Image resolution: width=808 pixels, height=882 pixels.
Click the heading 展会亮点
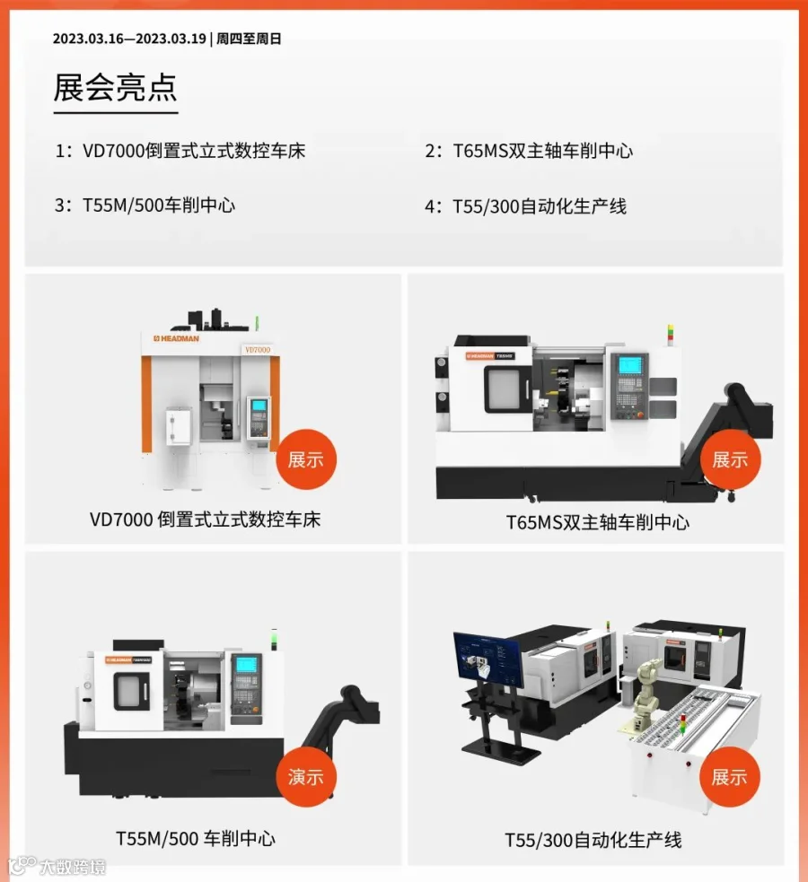115,87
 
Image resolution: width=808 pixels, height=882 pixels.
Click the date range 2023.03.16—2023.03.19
129,39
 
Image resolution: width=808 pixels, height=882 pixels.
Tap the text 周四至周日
249,39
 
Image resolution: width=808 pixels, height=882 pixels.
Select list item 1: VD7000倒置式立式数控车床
180,151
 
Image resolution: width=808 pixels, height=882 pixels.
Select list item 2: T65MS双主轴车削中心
529,151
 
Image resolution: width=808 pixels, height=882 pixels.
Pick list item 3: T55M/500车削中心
145,205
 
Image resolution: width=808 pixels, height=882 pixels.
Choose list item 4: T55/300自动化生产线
525,206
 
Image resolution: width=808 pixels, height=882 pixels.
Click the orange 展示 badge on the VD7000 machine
306,459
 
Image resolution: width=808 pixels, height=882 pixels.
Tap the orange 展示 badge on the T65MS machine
731,459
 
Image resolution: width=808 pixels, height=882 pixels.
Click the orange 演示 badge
306,777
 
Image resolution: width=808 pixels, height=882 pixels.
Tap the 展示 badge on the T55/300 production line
730,777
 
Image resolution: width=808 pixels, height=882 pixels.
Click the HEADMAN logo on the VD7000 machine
176,338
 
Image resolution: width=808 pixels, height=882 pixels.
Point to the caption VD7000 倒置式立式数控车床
205,520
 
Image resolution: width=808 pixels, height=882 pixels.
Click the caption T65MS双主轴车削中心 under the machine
598,522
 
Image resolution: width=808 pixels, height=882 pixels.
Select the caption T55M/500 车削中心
196,839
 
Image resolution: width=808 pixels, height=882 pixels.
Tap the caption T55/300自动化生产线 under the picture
593,841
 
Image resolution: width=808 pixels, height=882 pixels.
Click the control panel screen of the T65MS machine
630,365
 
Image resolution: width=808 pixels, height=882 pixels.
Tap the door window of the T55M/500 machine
132,691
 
